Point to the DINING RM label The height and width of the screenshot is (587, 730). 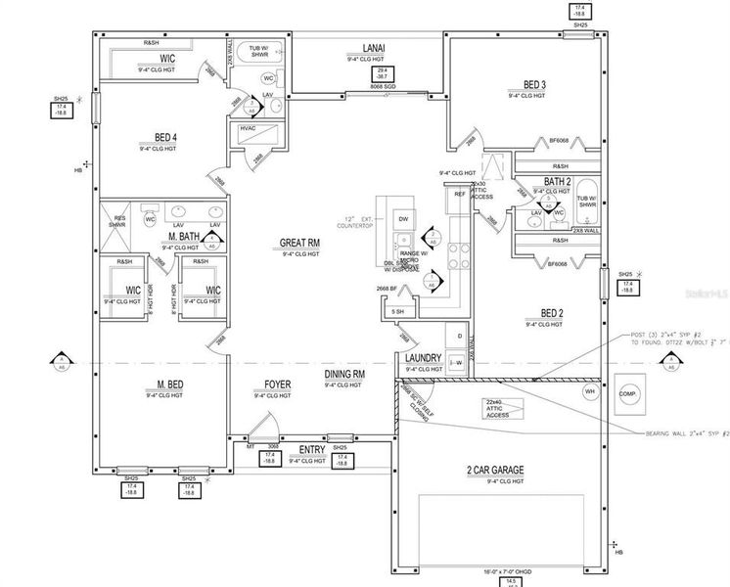click(x=344, y=374)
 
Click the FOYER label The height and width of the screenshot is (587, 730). click(x=277, y=384)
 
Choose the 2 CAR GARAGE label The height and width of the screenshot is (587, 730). click(x=497, y=472)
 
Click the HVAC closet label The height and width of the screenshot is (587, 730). click(x=249, y=128)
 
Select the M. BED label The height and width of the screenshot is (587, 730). click(x=164, y=384)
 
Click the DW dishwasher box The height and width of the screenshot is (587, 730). click(x=403, y=218)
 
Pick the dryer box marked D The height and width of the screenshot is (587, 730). click(x=459, y=336)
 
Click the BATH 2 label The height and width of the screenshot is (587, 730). click(x=558, y=181)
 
